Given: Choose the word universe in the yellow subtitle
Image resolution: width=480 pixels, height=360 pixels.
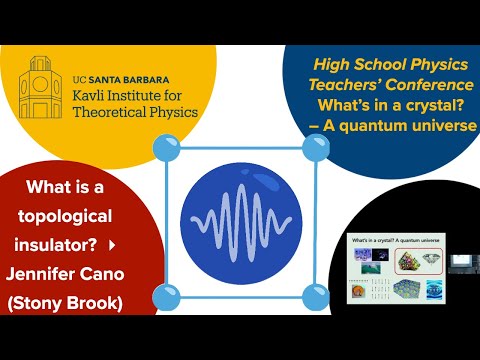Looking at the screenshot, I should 436,125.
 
